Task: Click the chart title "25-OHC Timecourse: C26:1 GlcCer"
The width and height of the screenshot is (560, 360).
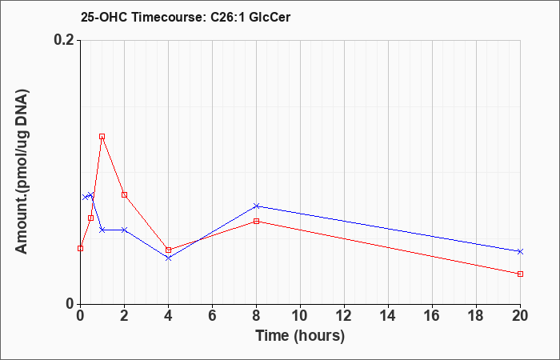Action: tap(186, 17)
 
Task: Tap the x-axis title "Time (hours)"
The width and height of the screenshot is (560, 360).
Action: tap(300, 336)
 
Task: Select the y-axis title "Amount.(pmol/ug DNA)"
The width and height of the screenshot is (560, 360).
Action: tap(22, 172)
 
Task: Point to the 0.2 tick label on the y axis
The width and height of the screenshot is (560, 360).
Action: tap(64, 40)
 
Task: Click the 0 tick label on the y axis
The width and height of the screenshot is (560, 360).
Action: tap(70, 304)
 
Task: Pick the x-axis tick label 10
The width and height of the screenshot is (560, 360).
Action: tap(300, 316)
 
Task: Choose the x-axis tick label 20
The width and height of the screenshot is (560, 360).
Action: tap(520, 316)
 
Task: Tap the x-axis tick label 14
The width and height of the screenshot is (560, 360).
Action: tap(388, 316)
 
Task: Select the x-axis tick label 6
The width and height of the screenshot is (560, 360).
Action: tap(212, 316)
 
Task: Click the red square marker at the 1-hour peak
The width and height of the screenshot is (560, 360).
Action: tap(102, 137)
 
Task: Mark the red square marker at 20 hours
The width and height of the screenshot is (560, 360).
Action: tap(520, 274)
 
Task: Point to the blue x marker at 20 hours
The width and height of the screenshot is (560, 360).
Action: tap(520, 251)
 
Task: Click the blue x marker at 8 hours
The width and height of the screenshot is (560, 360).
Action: tap(256, 206)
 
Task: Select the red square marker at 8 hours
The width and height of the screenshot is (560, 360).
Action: tap(256, 221)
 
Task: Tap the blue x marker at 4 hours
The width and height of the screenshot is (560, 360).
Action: tap(168, 258)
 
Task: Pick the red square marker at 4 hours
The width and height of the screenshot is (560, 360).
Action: tap(168, 250)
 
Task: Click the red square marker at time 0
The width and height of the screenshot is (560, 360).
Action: tap(80, 248)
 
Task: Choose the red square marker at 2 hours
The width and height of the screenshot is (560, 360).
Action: tap(124, 194)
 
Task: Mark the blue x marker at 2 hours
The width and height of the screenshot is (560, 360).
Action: tap(124, 230)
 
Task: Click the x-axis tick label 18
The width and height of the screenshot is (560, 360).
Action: tap(476, 316)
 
